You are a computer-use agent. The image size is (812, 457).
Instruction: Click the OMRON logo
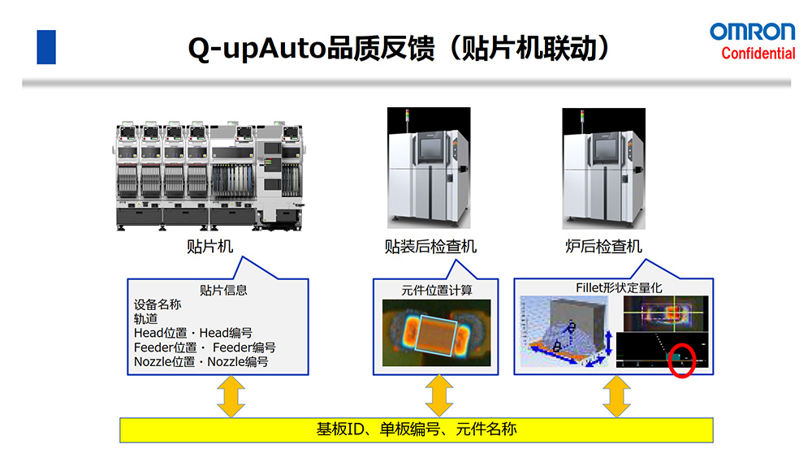coord(752,32)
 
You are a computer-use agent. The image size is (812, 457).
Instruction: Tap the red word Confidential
coord(758,54)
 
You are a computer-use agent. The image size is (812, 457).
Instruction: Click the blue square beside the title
coord(46,47)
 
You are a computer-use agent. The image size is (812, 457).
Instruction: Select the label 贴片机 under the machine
coord(209,246)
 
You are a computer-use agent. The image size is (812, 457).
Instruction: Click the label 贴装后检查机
coord(430,246)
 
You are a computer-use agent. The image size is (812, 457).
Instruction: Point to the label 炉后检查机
coord(603,246)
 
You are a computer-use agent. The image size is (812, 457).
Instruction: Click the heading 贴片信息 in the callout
coord(223,290)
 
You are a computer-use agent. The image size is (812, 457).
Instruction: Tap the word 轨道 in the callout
coord(146,319)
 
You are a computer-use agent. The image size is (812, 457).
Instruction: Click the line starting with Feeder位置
coord(205,347)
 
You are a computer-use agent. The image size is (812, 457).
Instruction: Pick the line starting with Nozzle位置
coord(201,362)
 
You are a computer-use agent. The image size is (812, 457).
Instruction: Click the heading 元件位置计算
coord(437,290)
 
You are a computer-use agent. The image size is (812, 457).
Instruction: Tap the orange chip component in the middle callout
coord(438,333)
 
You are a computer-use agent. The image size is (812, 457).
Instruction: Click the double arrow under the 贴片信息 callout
coord(231,396)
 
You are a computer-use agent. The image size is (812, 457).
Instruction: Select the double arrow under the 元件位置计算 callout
coord(438,396)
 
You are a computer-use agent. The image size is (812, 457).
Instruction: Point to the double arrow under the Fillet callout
coord(617,396)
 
